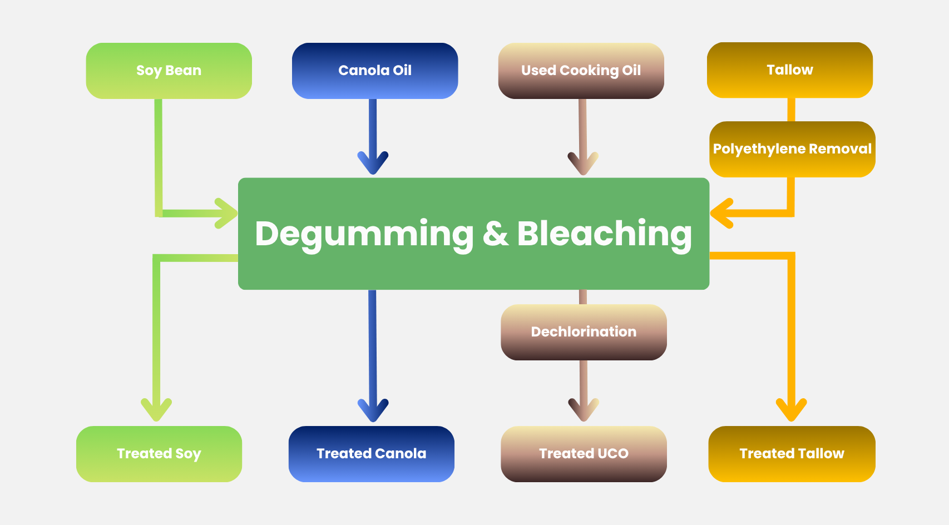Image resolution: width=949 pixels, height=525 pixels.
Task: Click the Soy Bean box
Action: (169, 71)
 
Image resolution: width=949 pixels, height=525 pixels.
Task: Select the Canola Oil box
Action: (374, 71)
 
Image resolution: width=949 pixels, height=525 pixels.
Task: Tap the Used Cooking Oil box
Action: (581, 71)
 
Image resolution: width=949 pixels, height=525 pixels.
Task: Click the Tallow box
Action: (789, 70)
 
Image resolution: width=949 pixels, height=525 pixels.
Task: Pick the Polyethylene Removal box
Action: (792, 149)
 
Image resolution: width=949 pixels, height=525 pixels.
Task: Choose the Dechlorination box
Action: (584, 332)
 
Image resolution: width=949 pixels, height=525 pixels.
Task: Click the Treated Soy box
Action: (159, 454)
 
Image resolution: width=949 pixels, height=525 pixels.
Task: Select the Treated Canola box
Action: (371, 454)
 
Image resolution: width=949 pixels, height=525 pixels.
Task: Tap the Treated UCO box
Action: (584, 454)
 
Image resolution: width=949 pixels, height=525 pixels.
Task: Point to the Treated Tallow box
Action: (792, 454)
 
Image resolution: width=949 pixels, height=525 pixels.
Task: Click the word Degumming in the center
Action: (364, 234)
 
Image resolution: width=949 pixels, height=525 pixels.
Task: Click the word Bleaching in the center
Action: (604, 234)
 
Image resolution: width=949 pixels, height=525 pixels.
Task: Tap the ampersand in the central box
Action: (495, 234)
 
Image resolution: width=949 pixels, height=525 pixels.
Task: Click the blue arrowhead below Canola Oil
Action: (373, 164)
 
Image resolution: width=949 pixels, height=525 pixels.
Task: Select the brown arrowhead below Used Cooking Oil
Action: (583, 164)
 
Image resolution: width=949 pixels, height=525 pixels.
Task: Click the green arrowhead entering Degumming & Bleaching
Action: (228, 214)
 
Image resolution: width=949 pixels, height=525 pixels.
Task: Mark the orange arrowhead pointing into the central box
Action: (721, 213)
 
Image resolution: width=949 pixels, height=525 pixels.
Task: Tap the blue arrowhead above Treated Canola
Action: (373, 411)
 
